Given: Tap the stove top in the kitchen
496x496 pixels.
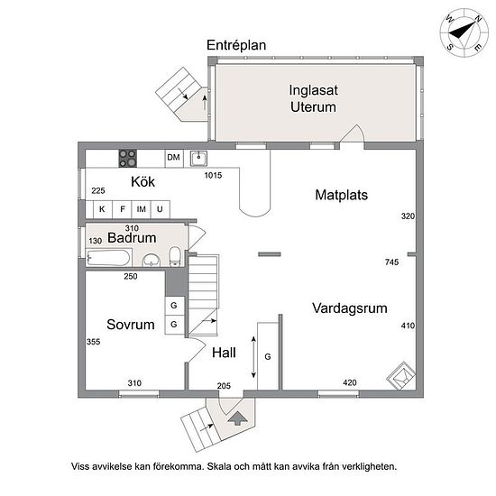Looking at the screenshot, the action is click(x=128, y=158).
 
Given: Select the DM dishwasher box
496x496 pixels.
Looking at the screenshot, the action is click(x=174, y=158).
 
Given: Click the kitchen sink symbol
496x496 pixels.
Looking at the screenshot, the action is click(x=198, y=158).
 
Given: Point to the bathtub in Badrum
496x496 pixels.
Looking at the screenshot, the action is click(x=109, y=258).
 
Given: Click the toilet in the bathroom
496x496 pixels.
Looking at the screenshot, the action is click(x=175, y=256).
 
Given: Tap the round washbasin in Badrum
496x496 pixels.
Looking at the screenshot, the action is click(x=152, y=261).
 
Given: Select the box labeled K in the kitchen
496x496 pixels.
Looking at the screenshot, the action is click(x=102, y=209).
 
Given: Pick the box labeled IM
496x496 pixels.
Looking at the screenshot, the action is click(x=141, y=209).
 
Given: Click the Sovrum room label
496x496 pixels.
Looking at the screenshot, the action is click(x=131, y=325).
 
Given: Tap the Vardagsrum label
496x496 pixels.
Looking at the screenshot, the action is click(x=350, y=308).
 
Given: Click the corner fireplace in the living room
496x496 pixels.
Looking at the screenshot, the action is click(x=401, y=376).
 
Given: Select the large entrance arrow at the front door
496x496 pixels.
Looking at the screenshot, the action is click(x=238, y=418).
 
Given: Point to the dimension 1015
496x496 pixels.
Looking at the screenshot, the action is click(x=213, y=175).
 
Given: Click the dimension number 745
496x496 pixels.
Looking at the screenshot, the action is click(x=392, y=262).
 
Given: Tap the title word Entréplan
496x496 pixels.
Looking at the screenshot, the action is click(x=236, y=45).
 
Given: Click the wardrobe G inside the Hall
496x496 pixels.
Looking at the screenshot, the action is click(x=268, y=356).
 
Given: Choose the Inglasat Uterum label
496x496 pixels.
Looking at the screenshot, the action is click(x=314, y=98).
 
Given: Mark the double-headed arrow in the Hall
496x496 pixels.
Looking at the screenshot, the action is click(x=253, y=357).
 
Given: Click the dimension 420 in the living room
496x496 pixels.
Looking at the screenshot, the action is click(x=350, y=382).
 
